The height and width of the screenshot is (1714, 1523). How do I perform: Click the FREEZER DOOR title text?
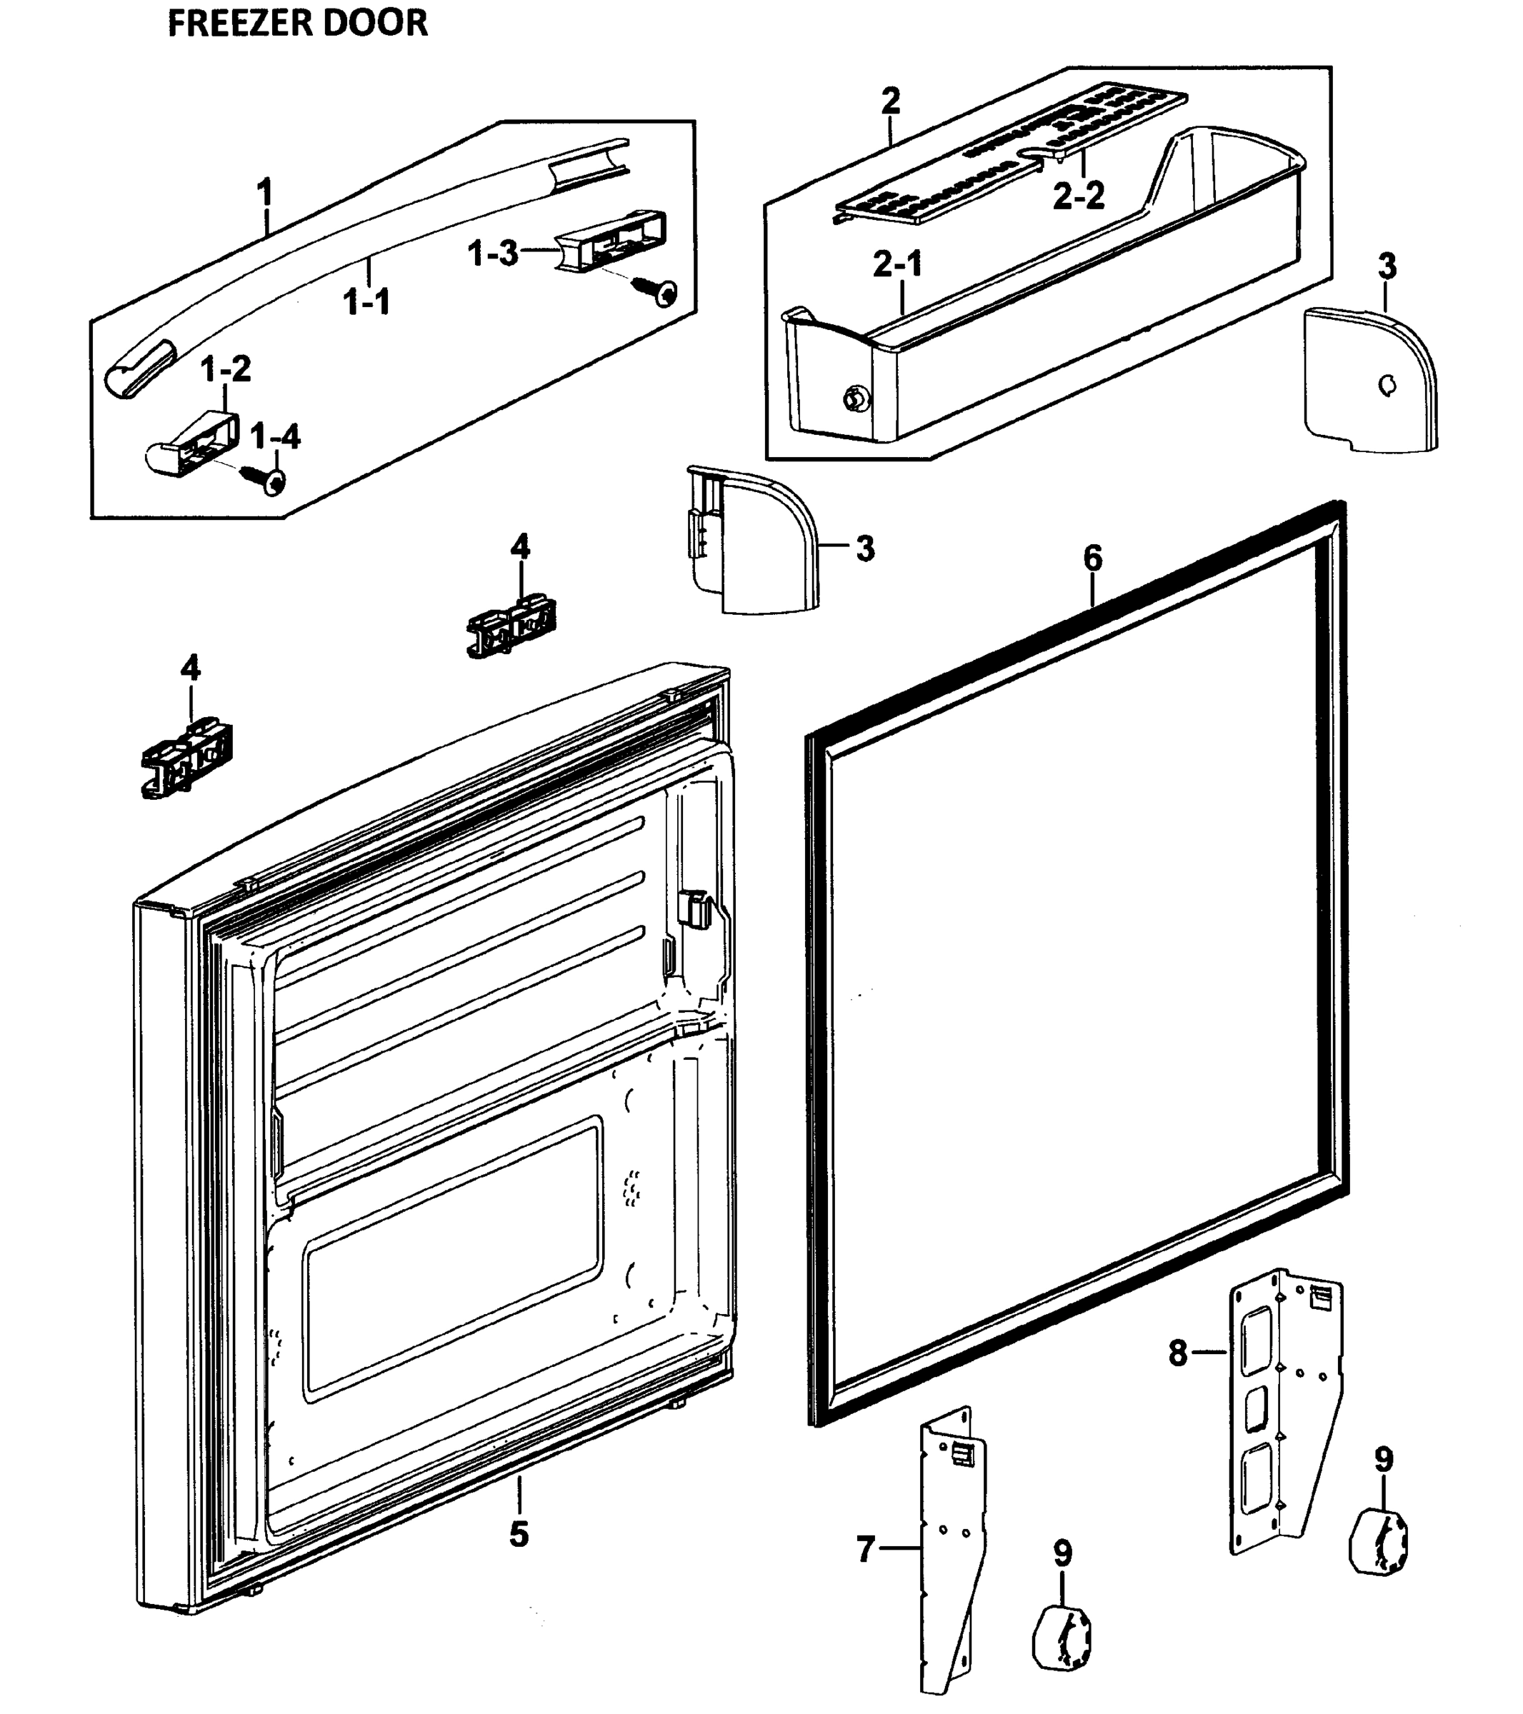[x=298, y=24]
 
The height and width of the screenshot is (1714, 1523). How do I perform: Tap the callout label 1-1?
[x=367, y=302]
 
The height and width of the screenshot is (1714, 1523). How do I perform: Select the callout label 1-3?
[x=493, y=252]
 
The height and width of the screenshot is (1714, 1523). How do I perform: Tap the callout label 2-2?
[x=1079, y=196]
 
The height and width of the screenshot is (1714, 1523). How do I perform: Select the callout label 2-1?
[x=897, y=264]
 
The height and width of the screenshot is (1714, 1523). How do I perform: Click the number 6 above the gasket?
[x=1093, y=558]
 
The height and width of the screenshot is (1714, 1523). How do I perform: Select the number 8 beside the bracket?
[x=1178, y=1352]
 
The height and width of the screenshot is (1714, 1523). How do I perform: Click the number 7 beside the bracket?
[x=867, y=1549]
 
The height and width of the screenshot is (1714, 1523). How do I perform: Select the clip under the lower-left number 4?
[x=187, y=758]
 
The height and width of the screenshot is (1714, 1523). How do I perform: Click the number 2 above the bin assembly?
[x=891, y=101]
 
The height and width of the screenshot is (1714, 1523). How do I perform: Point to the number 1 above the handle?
[x=265, y=193]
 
